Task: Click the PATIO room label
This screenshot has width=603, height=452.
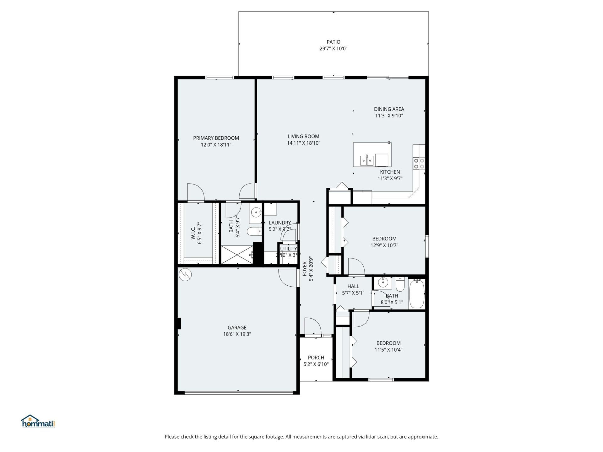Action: click(333, 42)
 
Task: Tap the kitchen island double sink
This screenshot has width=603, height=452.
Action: click(367, 161)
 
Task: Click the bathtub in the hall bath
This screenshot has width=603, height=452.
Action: click(416, 294)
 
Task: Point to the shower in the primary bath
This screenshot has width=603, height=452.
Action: click(237, 255)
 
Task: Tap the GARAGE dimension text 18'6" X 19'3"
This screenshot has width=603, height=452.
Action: click(237, 334)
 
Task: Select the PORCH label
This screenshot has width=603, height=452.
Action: click(316, 358)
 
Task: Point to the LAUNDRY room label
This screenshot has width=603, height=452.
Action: click(280, 223)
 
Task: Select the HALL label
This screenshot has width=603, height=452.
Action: click(353, 286)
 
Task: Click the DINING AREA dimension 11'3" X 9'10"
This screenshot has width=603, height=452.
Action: click(389, 116)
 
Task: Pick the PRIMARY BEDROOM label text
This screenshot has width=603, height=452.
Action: click(216, 138)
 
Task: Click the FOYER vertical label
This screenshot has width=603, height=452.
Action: click(305, 269)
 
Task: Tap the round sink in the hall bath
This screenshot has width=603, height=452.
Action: click(383, 282)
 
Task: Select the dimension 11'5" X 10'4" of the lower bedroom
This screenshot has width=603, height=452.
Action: click(388, 350)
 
